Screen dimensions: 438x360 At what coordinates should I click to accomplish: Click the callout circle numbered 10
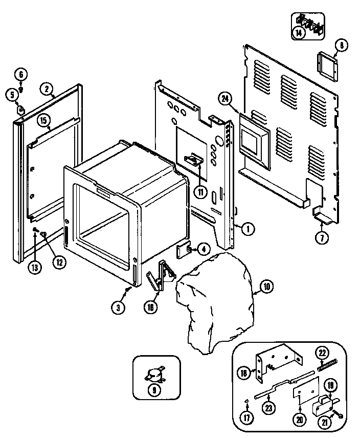click(x=266, y=287)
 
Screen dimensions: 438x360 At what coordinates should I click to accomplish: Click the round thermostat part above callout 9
click(x=153, y=375)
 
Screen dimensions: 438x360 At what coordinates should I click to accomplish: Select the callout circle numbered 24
click(x=223, y=98)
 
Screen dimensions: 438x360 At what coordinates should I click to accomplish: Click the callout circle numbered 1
click(x=247, y=229)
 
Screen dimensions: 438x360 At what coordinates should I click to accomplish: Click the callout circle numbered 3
click(x=118, y=307)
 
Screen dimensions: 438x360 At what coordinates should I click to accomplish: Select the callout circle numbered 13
click(x=35, y=267)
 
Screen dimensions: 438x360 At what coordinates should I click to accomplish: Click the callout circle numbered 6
click(x=21, y=75)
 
